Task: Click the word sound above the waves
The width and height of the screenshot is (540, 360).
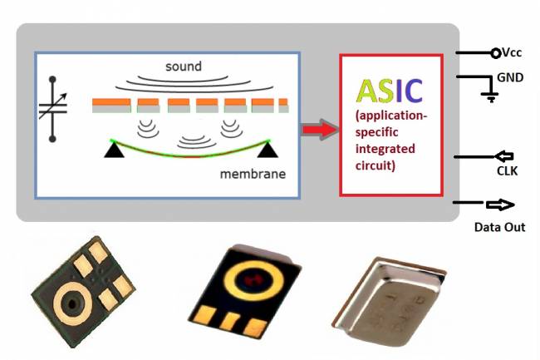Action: pyautogui.click(x=184, y=66)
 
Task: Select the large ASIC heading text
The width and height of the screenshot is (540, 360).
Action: pyautogui.click(x=390, y=91)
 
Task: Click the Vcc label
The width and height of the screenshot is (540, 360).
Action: pyautogui.click(x=513, y=52)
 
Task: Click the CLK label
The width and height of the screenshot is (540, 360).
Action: pyautogui.click(x=498, y=170)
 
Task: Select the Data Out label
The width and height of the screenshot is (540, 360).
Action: pyautogui.click(x=499, y=226)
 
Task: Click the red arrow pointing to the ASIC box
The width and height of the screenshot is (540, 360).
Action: pyautogui.click(x=318, y=129)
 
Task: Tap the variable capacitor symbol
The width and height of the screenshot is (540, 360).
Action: pyautogui.click(x=53, y=108)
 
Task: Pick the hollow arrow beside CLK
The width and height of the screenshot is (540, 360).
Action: pyautogui.click(x=504, y=155)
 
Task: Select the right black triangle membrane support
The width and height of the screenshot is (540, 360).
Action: pyautogui.click(x=267, y=149)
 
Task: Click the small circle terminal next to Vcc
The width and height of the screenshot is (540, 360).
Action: pyautogui.click(x=496, y=53)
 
